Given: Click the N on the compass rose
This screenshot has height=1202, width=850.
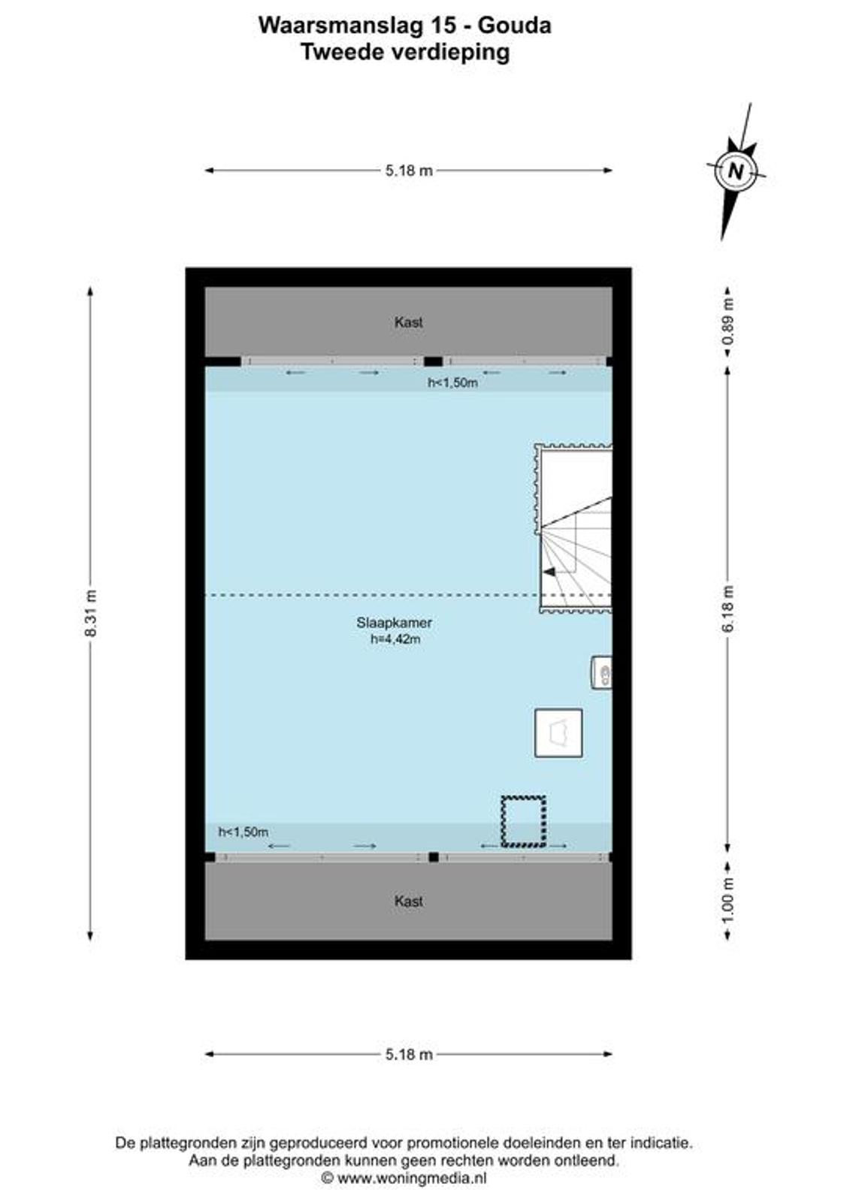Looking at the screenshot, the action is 737,171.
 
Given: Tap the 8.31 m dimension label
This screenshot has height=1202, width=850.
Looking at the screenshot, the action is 91,613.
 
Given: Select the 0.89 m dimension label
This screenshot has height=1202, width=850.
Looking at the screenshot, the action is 728,322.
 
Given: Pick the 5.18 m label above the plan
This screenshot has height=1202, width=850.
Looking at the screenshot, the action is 409,171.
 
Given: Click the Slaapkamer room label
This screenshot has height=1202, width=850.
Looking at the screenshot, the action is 394,623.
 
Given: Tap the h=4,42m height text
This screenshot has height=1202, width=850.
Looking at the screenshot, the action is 395,639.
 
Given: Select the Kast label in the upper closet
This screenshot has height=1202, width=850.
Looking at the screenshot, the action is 409,322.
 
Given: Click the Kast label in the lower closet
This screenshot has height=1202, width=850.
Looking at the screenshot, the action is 409,901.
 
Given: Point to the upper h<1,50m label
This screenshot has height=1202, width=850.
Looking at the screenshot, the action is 452,382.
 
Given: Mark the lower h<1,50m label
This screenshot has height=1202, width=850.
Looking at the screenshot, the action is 244,832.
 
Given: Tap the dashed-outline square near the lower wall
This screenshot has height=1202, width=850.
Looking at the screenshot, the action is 524,822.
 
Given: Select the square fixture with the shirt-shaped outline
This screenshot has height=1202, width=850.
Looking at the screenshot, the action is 558,733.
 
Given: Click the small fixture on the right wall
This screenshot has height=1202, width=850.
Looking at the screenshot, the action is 602,672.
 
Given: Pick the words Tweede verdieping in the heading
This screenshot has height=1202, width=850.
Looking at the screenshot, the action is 405,53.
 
